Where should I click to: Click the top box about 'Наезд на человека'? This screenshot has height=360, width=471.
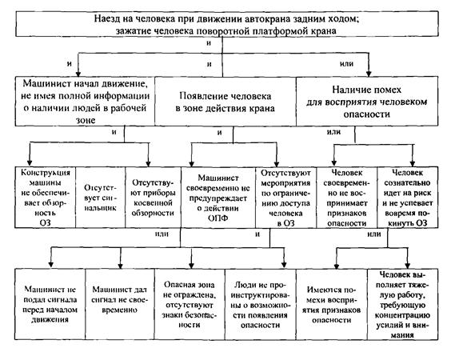[227, 24]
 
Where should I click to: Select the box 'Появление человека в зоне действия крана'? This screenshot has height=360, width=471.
[226, 102]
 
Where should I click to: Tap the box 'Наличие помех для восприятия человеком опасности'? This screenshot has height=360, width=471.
[367, 102]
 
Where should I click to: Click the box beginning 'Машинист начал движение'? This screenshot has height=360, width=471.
[85, 102]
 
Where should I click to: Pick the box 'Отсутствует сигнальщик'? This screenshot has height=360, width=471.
[100, 197]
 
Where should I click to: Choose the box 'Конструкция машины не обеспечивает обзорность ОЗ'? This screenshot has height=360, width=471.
[45, 197]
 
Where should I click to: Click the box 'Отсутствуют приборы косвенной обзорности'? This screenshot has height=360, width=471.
[153, 197]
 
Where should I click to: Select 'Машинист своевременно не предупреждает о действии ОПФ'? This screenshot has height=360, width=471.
[218, 197]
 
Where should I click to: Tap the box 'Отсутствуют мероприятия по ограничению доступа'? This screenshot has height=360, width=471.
[285, 197]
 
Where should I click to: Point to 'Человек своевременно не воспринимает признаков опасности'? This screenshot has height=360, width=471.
[346, 197]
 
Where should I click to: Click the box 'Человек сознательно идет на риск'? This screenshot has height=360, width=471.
[407, 197]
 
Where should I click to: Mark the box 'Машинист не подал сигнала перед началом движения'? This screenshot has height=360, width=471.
[50, 304]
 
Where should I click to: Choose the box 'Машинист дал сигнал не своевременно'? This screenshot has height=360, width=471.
[120, 304]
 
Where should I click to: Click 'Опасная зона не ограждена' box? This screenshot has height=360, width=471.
[190, 304]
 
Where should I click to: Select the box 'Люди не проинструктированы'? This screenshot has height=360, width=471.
[261, 304]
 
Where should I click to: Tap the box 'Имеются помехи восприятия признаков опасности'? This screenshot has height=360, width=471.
[332, 304]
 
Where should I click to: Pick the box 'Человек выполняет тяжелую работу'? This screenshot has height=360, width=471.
[402, 304]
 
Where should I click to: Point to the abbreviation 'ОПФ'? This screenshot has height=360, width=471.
[218, 218]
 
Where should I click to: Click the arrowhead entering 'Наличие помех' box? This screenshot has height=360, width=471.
[369, 74]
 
